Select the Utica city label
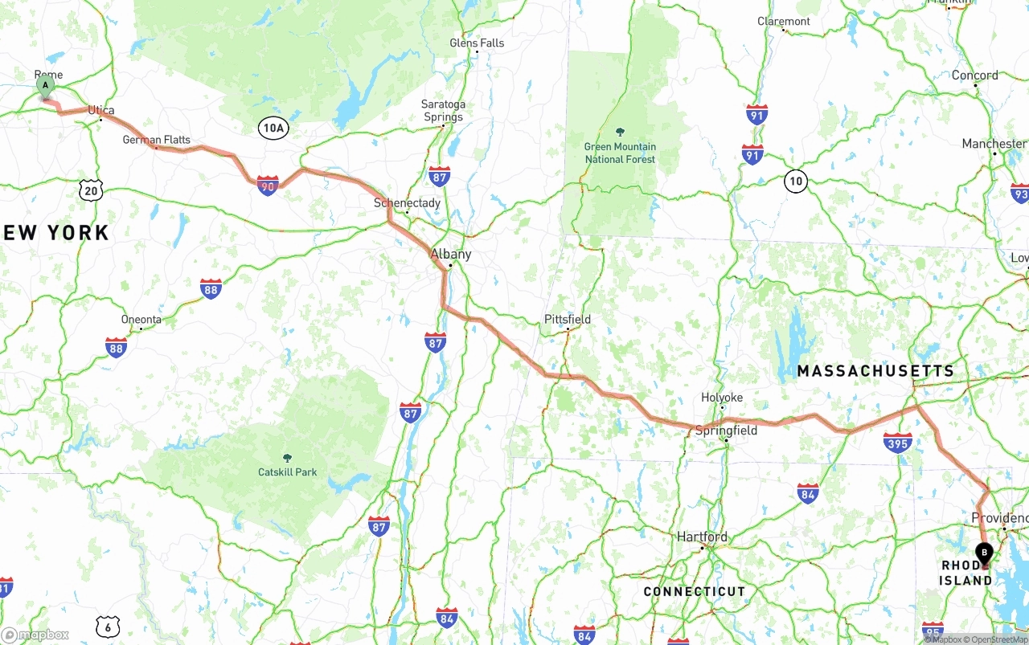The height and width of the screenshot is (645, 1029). click(101, 110)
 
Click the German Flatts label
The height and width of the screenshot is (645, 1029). click(157, 140)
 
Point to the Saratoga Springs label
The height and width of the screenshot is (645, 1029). click(443, 111)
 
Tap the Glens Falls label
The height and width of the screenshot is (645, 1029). click(477, 43)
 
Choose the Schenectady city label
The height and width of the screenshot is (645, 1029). click(407, 203)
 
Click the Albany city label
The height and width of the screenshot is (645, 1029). click(451, 254)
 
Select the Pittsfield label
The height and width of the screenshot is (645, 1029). click(568, 319)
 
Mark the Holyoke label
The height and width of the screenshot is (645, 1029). click(722, 398)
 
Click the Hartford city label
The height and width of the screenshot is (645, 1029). click(702, 537)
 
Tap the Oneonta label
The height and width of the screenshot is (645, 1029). click(141, 319)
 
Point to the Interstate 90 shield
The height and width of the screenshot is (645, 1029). click(268, 186)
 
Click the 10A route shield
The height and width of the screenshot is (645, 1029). click(273, 128)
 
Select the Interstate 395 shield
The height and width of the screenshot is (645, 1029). click(897, 443)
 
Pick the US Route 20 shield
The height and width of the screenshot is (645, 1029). click(92, 190)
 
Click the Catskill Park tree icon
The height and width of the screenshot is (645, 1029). click(288, 457)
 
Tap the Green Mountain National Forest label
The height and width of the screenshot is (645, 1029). click(620, 153)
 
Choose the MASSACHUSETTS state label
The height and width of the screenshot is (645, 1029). click(875, 371)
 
